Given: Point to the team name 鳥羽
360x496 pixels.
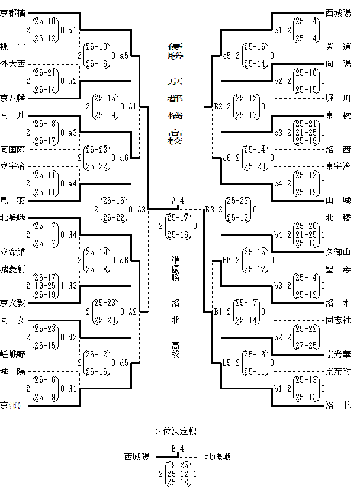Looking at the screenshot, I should point(12,201).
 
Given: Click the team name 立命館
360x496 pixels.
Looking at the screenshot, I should point(12,252).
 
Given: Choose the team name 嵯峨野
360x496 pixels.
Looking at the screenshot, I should point(12,355).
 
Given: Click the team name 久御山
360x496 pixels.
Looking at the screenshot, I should point(338,252).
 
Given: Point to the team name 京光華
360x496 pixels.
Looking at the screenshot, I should point(338,355).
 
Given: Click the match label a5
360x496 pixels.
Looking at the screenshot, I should point(124,56).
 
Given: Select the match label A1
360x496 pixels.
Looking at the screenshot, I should point(133,107).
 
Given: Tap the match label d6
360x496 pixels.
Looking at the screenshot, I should point(124,260).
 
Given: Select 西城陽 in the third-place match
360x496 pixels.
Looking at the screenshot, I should point(137,457).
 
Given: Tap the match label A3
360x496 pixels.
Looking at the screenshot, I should point(142,209).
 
